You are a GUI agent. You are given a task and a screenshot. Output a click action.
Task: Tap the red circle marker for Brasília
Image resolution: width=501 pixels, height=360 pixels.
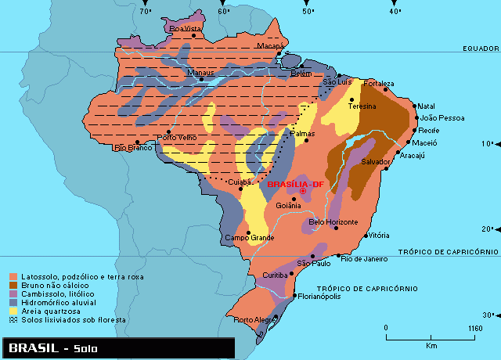pos(302,191)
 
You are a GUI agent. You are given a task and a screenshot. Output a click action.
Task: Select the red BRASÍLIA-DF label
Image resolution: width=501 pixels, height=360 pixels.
pos(295,184)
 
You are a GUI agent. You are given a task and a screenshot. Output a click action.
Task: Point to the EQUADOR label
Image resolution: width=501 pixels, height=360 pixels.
pos(480,49)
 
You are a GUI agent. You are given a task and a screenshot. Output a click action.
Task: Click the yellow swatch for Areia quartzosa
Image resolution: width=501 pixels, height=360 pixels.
pos(13,311)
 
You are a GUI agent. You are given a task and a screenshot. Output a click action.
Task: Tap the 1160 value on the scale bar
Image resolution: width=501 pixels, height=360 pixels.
pos(474,328)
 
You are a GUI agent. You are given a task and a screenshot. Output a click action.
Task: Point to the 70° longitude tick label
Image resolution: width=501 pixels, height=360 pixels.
pos(145,12)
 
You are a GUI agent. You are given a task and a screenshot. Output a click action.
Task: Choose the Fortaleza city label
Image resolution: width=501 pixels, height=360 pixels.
pos(379,83)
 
